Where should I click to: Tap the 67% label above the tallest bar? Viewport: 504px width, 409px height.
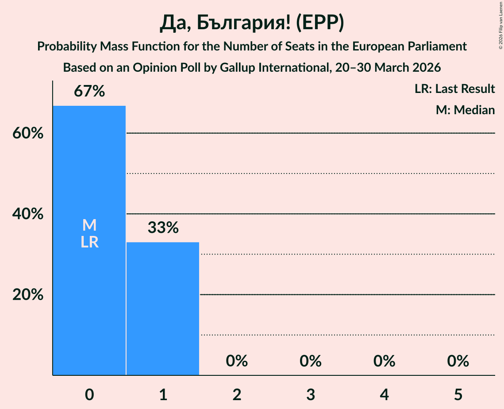pos(89,92)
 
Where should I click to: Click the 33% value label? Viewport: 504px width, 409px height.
pos(163,228)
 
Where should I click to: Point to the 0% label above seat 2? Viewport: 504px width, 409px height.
pos(237,361)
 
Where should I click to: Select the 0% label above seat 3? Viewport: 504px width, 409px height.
pos(311,361)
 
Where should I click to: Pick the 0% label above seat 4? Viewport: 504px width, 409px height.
pos(384,361)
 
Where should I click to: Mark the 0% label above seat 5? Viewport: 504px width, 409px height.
pos(458,361)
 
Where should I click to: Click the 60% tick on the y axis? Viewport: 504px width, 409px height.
pos(28,133)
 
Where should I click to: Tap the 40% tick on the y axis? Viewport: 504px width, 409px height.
pos(28,214)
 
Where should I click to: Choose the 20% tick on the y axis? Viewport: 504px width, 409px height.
pos(28,295)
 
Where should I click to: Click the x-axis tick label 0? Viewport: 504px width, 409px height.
pos(89,394)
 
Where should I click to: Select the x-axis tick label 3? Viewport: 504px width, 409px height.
pos(311,394)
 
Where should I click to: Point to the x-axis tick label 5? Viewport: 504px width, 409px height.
pos(458,394)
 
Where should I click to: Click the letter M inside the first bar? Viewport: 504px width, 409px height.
pos(89,225)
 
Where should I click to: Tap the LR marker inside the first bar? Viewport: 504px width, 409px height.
pos(89,242)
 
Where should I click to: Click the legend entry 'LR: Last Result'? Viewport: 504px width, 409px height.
pos(454,89)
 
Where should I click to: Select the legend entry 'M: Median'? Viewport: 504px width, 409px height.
pos(465,110)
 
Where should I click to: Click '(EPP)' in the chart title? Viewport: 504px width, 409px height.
pos(319,23)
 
